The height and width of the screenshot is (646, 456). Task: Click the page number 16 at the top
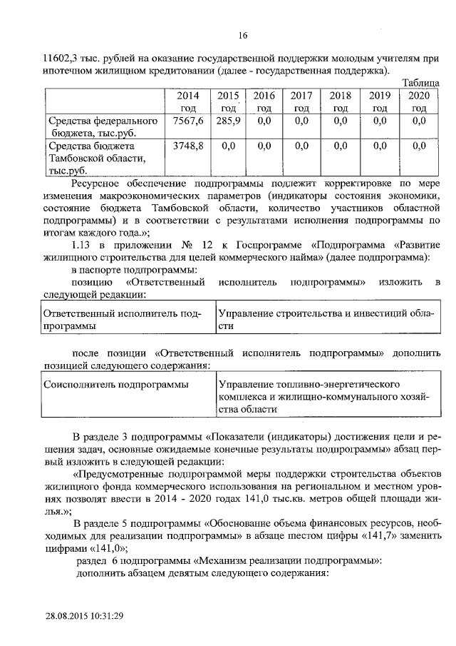pyautogui.click(x=242, y=36)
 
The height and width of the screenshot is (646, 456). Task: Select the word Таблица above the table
pyautogui.click(x=422, y=83)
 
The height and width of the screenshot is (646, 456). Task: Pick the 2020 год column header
pyautogui.click(x=419, y=101)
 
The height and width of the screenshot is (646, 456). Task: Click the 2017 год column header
pyautogui.click(x=302, y=101)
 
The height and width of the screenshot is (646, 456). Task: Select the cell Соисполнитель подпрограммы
pyautogui.click(x=116, y=385)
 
